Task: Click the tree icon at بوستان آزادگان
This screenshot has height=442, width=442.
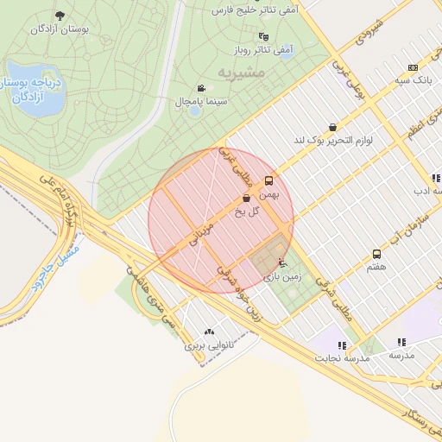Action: pyautogui.click(x=60, y=16)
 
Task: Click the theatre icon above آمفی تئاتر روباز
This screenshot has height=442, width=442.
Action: pyautogui.click(x=263, y=36)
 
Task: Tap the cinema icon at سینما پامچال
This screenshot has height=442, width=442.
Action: pyautogui.click(x=201, y=88)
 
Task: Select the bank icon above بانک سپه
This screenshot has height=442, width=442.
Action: pyautogui.click(x=413, y=67)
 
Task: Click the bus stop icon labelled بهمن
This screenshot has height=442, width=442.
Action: pyautogui.click(x=269, y=181)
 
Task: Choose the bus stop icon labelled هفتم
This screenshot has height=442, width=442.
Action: pyautogui.click(x=376, y=254)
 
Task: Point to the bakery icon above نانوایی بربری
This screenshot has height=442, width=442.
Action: pyautogui.click(x=208, y=331)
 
